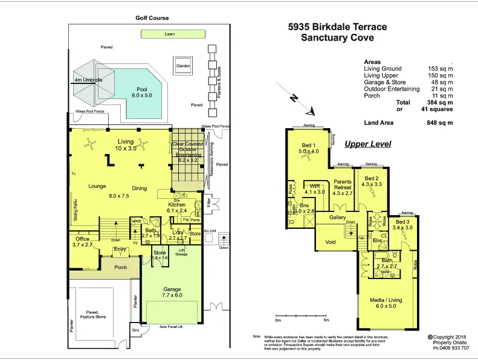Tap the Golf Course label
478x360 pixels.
click(152, 18)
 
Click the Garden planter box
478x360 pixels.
click(183, 66)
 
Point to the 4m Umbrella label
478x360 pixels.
click(88, 80)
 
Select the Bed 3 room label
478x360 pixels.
click(402, 225)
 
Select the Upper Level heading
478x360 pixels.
click(367, 144)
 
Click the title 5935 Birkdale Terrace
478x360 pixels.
click(337, 27)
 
